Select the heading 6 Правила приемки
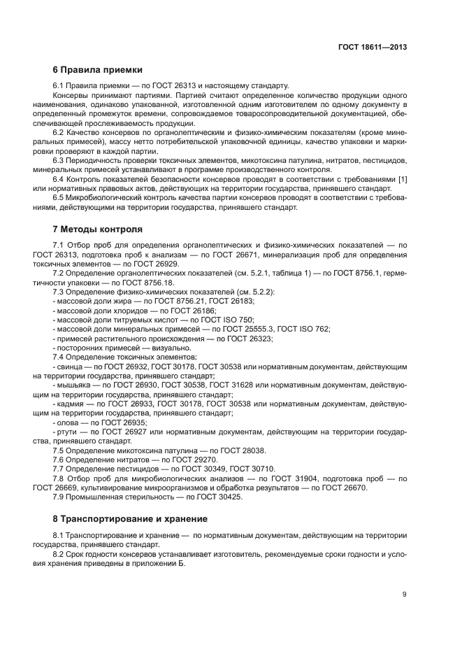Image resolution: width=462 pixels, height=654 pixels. (x=98, y=70)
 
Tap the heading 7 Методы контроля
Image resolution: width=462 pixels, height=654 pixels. (x=98, y=229)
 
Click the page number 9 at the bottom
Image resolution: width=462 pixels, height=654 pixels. (x=404, y=595)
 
